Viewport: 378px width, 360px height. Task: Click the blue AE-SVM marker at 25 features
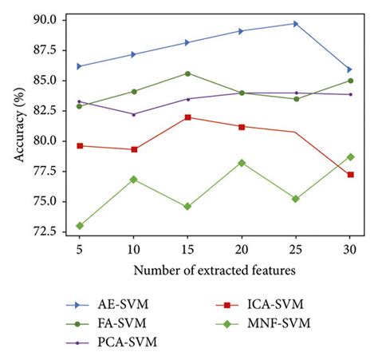tap(296, 23)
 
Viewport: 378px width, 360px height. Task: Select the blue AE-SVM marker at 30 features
tap(349, 69)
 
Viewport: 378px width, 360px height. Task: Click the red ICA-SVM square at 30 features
tap(349, 174)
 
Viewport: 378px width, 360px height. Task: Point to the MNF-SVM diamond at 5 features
tap(79, 226)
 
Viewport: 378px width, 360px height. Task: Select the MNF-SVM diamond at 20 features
tap(242, 163)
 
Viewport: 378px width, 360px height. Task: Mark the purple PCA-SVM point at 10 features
tap(133, 114)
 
